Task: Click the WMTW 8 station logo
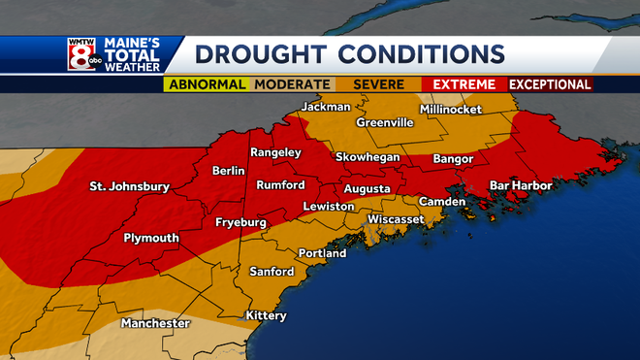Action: [81, 55]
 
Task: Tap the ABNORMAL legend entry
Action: [206, 85]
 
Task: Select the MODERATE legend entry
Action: [292, 85]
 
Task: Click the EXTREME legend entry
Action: [464, 85]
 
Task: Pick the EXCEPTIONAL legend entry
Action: [550, 85]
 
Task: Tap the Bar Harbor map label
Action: [521, 185]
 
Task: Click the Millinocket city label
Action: [450, 110]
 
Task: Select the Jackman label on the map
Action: [326, 107]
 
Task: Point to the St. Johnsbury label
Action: [129, 186]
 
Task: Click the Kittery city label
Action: [266, 315]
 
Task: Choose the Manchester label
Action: [155, 323]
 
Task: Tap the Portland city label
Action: [322, 253]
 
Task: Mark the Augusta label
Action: [367, 188]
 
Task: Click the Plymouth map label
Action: [151, 238]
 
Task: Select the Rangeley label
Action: [275, 153]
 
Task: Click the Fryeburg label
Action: [240, 222]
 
